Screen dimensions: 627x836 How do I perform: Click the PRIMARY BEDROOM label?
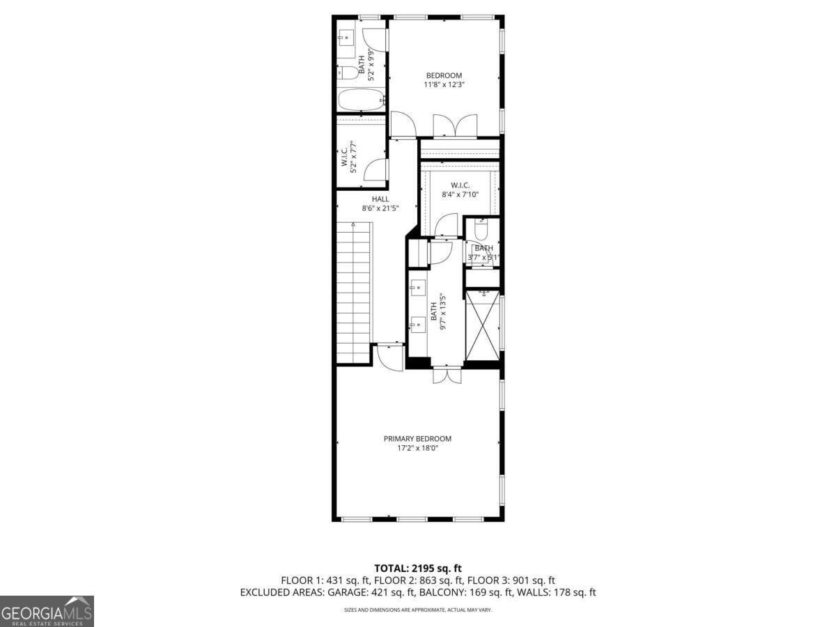click(x=417, y=438)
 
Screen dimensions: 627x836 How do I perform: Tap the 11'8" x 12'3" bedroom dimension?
click(x=444, y=85)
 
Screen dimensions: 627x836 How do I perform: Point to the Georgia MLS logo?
click(x=47, y=611)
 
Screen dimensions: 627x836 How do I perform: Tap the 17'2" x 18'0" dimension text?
click(x=417, y=448)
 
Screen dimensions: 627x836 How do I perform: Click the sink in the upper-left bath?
click(x=346, y=37)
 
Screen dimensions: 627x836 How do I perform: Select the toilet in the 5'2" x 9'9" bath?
click(x=346, y=72)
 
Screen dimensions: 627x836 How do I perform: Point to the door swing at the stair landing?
click(x=388, y=356)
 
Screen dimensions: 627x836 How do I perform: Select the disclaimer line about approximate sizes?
click(x=417, y=610)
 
